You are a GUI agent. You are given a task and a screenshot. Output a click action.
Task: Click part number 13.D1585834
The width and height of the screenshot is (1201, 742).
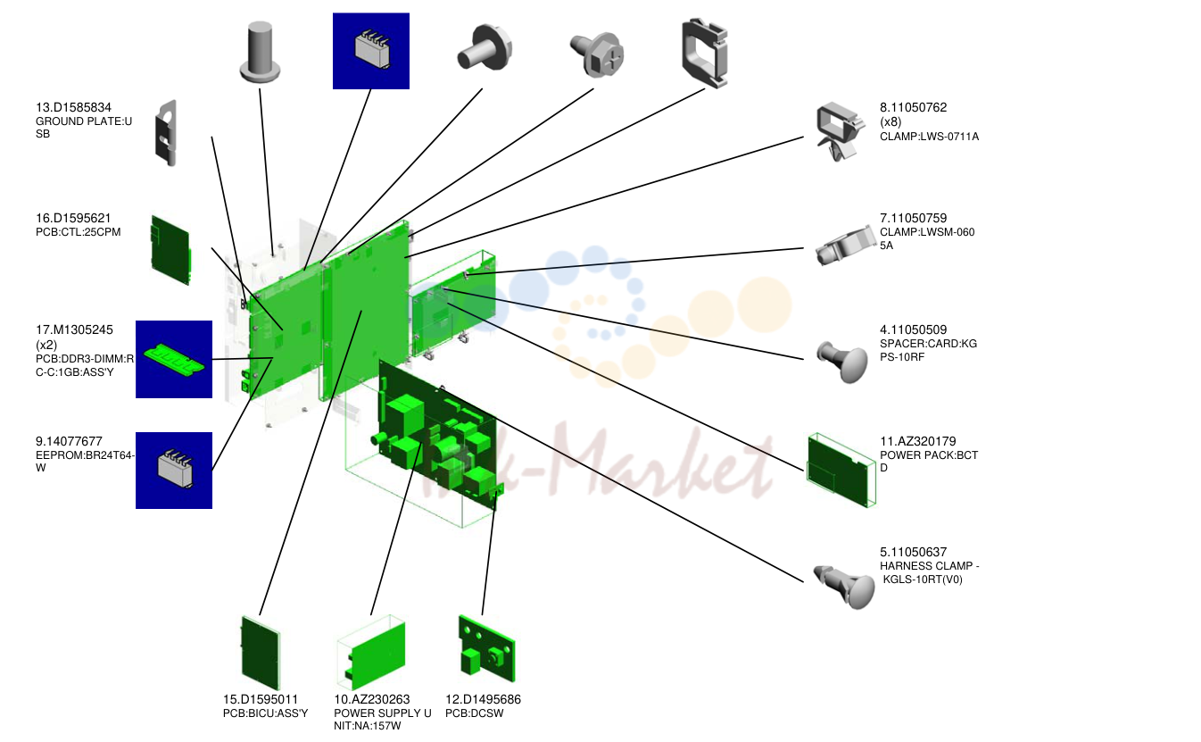73,107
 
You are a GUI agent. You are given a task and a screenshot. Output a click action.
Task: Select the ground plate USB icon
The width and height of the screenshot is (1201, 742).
166,133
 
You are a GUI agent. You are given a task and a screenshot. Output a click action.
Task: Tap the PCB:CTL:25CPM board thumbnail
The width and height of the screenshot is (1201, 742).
171,250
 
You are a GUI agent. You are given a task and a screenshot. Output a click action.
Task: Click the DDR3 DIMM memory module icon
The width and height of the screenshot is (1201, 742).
174,360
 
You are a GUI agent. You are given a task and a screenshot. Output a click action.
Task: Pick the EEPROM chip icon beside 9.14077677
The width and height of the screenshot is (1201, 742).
174,471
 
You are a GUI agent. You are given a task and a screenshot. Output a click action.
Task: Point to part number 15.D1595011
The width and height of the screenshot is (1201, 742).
260,699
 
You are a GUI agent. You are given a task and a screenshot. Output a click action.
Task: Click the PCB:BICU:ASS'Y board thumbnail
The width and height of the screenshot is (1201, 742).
261,653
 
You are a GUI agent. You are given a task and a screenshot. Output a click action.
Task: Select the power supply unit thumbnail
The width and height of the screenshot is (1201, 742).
371,653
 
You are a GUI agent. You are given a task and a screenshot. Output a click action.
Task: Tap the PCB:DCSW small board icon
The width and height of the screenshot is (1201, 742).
487,648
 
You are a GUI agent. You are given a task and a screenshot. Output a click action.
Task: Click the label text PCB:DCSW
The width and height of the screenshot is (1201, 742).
475,713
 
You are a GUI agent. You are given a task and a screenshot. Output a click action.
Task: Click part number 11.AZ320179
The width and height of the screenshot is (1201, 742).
918,441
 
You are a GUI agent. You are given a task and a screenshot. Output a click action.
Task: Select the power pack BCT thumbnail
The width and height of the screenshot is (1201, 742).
841,470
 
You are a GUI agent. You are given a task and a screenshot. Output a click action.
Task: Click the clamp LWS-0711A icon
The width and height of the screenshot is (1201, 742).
839,131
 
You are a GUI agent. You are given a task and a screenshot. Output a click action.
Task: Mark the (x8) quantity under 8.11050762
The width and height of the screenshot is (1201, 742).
890,121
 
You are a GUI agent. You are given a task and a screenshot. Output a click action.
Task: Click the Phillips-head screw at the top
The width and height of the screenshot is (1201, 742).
597,54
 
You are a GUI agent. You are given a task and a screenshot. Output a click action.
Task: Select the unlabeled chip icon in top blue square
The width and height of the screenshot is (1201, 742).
371,51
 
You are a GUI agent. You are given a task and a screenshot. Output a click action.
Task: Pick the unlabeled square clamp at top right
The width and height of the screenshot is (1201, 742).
705,53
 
